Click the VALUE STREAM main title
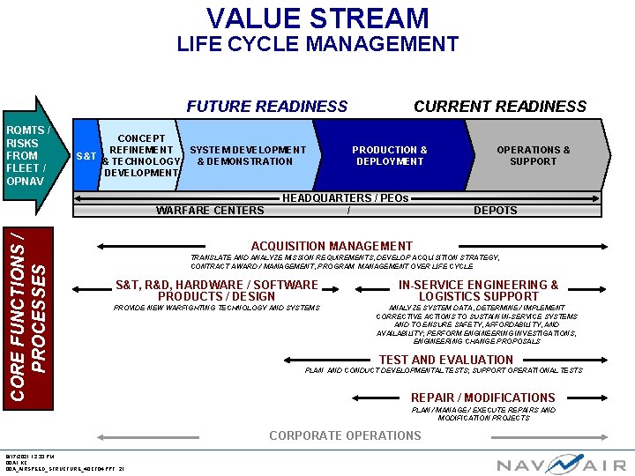pyautogui.click(x=317, y=18)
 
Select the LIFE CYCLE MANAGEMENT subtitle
pyautogui.click(x=317, y=44)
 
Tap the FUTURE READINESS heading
pyautogui.click(x=267, y=107)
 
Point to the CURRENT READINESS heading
pyautogui.click(x=500, y=107)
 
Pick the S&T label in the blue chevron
pyautogui.click(x=86, y=156)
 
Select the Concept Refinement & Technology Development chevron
pyautogui.click(x=141, y=156)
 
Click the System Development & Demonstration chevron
pyautogui.click(x=248, y=156)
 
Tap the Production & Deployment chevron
pyautogui.click(x=390, y=156)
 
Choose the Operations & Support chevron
pyautogui.click(x=533, y=156)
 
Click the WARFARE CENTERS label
pyautogui.click(x=210, y=211)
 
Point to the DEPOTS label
pyautogui.click(x=496, y=211)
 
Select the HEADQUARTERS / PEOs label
pyautogui.click(x=345, y=198)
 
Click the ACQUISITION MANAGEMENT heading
pyautogui.click(x=332, y=246)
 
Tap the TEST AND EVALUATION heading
pyautogui.click(x=445, y=360)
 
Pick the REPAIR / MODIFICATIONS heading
pyautogui.click(x=482, y=398)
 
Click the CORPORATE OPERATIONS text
pyautogui.click(x=345, y=435)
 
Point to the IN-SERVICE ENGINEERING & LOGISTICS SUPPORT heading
pyautogui.click(x=478, y=291)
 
